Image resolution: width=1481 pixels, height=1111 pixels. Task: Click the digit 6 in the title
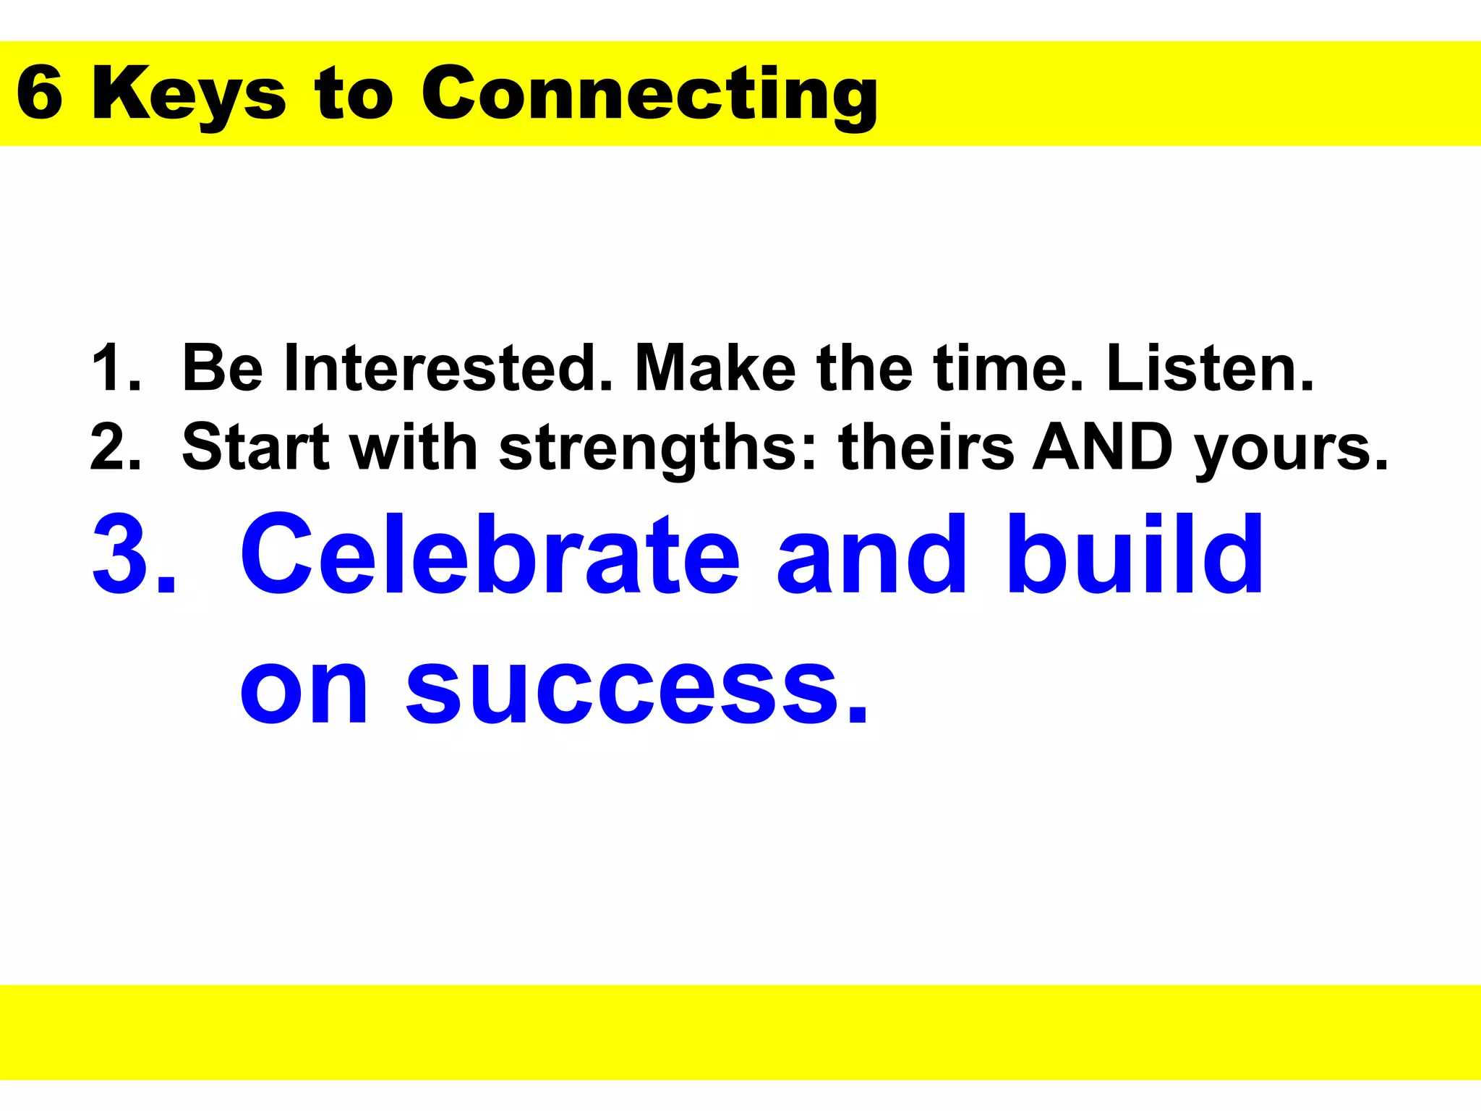[x=40, y=93]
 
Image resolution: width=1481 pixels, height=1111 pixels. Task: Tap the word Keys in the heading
[x=189, y=95]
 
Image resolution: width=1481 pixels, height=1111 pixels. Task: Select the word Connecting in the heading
[x=649, y=95]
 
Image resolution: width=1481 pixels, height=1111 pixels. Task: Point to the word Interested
[x=448, y=368]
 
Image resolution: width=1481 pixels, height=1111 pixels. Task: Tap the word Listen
[x=1210, y=368]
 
